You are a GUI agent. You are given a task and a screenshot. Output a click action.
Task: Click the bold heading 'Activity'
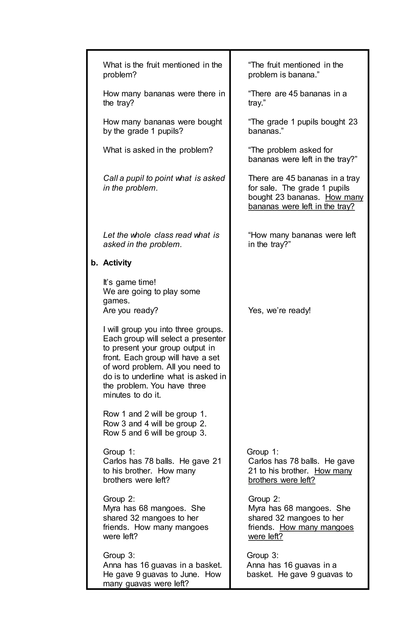click(117, 263)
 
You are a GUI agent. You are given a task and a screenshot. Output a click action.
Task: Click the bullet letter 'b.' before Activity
click(94, 263)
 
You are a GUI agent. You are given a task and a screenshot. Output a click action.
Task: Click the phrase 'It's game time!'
click(129, 282)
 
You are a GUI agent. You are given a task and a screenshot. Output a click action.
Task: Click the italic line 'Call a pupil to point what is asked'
click(164, 178)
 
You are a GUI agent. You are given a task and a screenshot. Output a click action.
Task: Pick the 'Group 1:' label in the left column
click(119, 452)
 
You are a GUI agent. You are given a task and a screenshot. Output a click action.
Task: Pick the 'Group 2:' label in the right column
click(264, 499)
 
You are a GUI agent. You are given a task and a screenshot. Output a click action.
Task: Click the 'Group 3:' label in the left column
click(119, 555)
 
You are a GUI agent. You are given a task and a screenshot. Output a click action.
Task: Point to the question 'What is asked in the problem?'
click(158, 150)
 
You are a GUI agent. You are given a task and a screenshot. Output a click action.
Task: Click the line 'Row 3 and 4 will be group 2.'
click(155, 424)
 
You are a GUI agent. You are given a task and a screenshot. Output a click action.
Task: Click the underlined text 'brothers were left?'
click(281, 480)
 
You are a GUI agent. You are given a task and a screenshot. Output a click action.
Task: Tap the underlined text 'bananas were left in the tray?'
click(301, 206)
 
